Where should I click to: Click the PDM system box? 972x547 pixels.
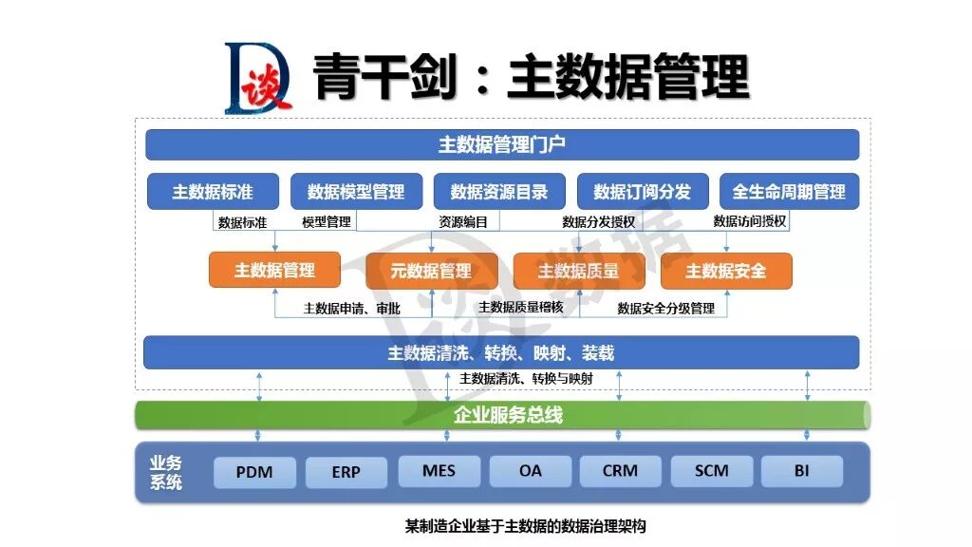click(x=254, y=472)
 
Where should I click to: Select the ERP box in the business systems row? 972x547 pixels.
click(x=346, y=472)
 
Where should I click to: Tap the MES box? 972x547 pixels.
click(x=439, y=471)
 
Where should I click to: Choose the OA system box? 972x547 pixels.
click(x=530, y=471)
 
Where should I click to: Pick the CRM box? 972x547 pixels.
click(x=620, y=471)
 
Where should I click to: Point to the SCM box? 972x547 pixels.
click(x=711, y=471)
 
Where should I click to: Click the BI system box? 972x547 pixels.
click(x=801, y=471)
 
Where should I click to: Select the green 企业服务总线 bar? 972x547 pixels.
click(x=502, y=415)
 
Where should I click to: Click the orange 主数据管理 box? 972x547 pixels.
click(x=274, y=271)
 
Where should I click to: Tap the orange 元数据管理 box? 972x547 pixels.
click(x=431, y=271)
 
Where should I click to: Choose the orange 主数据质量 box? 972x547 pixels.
click(x=578, y=271)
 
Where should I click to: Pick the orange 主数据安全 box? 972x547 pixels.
click(x=726, y=271)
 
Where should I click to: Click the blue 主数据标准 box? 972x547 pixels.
click(x=213, y=192)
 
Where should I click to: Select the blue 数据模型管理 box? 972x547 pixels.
click(x=356, y=192)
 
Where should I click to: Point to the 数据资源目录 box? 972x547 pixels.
click(x=499, y=192)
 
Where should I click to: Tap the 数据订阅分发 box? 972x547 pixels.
click(x=643, y=192)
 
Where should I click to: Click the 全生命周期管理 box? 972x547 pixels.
click(x=789, y=192)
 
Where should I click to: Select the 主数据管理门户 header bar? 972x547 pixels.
click(x=502, y=144)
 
